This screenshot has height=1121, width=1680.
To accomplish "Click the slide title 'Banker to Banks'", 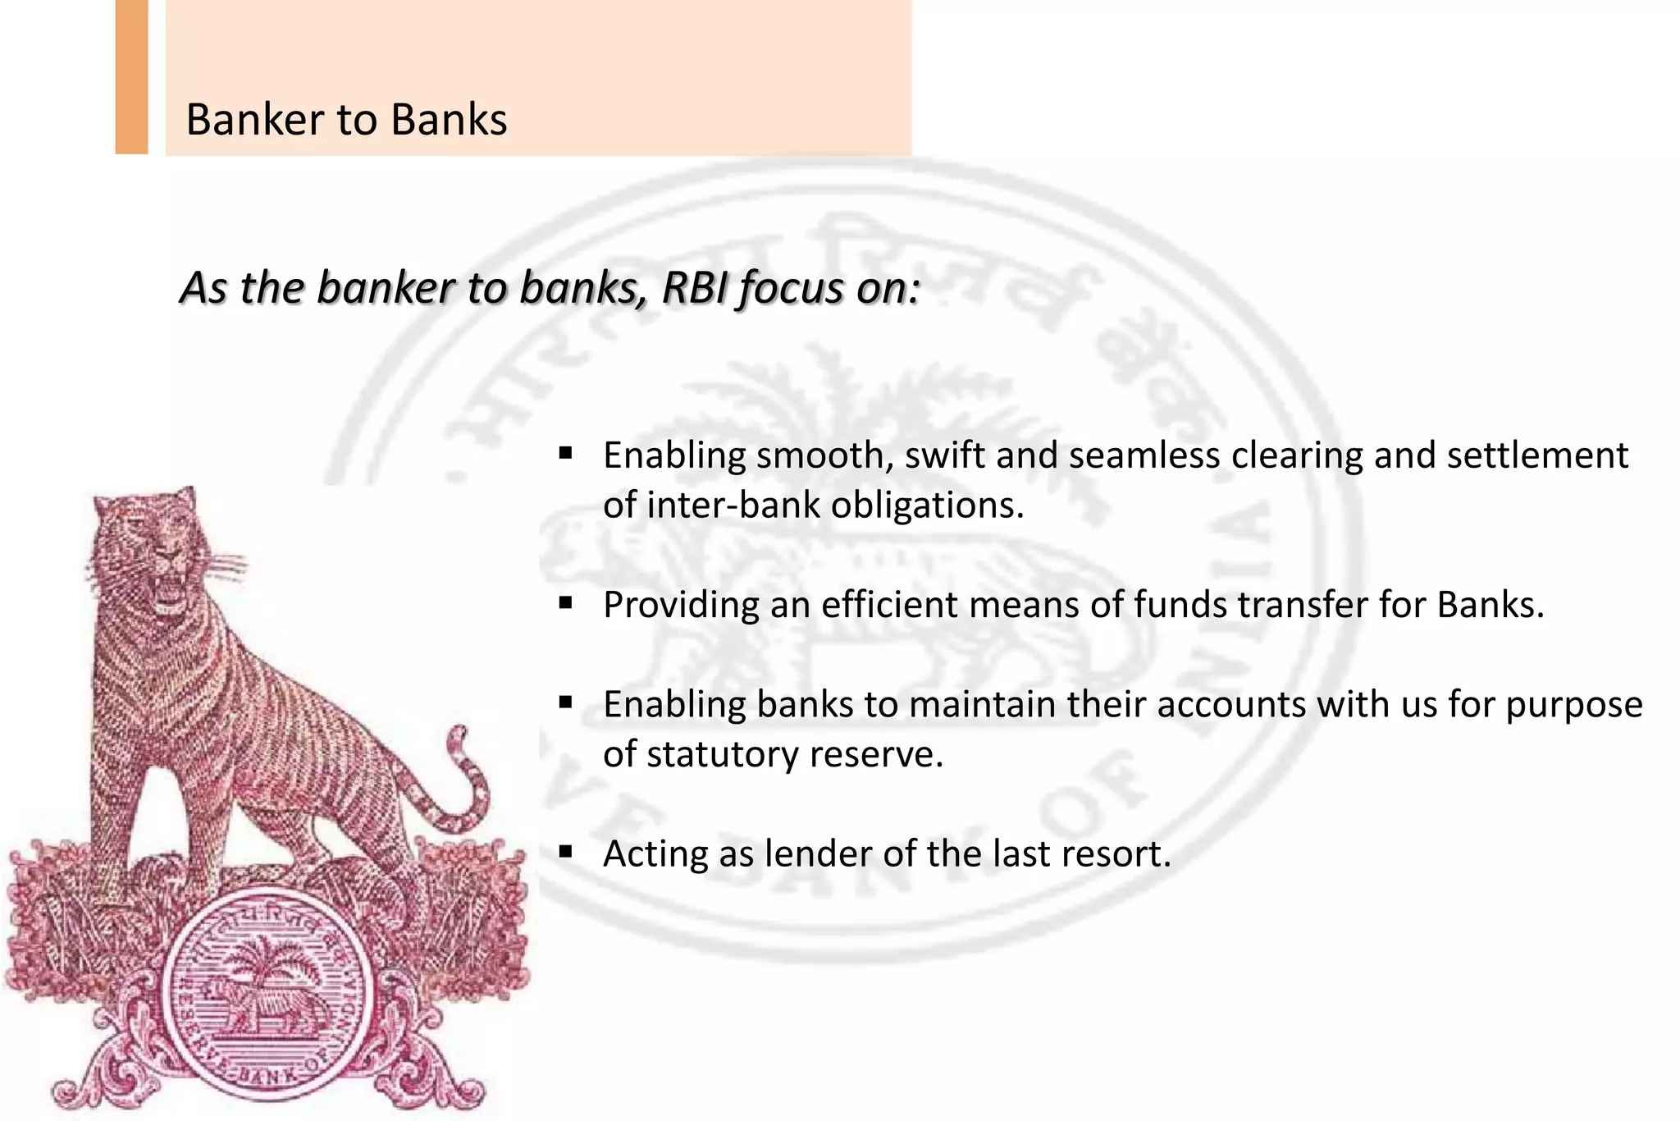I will tap(346, 120).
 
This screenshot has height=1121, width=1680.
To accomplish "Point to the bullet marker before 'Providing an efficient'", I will tap(565, 602).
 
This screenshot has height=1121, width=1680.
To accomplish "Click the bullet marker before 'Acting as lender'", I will tap(565, 851).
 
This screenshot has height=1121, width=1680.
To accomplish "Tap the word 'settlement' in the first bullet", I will tap(1536, 455).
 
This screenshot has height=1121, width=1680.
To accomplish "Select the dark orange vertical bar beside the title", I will tap(131, 77).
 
